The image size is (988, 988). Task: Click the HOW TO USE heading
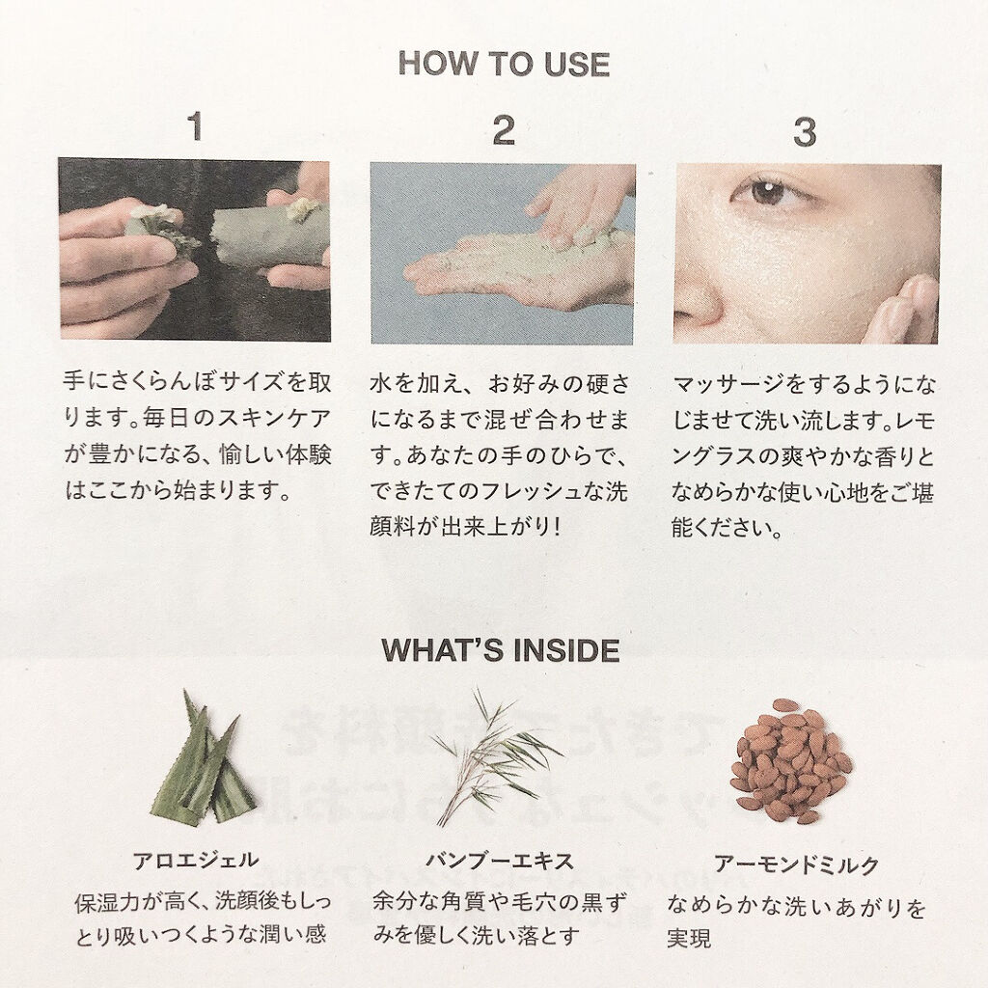(504, 64)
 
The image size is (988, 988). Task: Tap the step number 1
(195, 126)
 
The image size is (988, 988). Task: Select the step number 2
(504, 130)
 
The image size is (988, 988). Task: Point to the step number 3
(805, 132)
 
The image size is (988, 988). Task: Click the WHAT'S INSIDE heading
(501, 650)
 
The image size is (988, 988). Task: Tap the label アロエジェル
(196, 861)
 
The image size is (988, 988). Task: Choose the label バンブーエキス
(500, 861)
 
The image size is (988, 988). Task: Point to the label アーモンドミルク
(796, 864)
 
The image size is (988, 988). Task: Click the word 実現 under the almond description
(689, 939)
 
